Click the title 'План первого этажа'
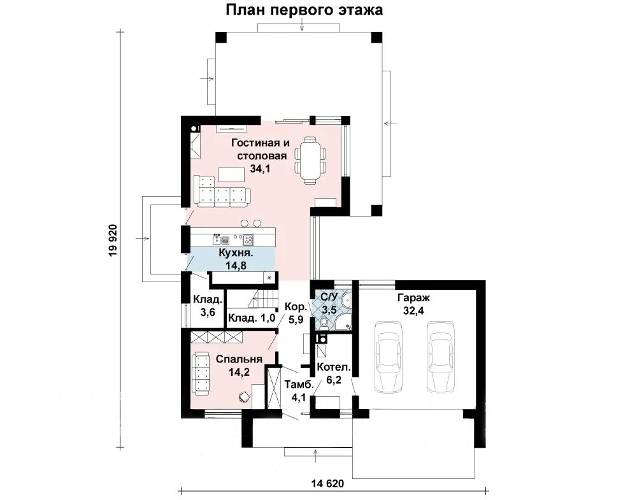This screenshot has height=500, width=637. (304, 10)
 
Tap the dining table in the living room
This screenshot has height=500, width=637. (311, 160)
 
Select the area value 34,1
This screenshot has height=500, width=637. (260, 169)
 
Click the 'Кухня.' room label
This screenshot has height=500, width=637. (236, 253)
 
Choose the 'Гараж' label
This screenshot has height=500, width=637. (413, 298)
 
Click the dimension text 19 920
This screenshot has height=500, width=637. (113, 240)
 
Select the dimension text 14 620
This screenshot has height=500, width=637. (327, 483)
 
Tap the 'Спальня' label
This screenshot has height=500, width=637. (239, 359)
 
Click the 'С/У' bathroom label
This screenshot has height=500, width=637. (329, 297)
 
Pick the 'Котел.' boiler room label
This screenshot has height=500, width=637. (334, 368)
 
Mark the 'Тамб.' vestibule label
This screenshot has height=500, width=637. (299, 385)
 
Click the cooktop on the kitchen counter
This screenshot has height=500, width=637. (248, 240)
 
